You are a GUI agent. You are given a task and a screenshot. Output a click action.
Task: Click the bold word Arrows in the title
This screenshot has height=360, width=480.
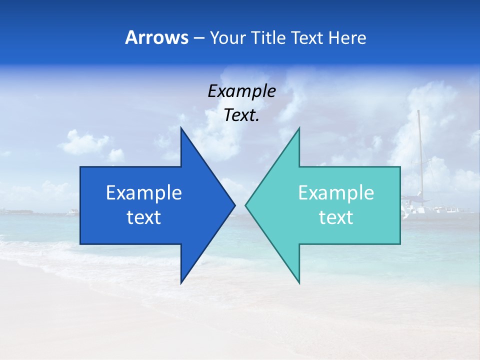click(156, 37)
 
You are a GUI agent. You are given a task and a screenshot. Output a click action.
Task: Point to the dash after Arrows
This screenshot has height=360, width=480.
click(198, 38)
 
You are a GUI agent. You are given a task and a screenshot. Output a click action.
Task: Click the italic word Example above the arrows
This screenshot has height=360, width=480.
click(242, 91)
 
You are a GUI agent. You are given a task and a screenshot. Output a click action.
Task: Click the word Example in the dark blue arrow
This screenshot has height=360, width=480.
click(144, 193)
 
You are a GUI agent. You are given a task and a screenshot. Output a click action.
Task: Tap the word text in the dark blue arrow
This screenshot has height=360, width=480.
click(144, 217)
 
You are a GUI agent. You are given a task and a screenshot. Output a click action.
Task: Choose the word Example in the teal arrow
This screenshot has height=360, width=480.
click(336, 193)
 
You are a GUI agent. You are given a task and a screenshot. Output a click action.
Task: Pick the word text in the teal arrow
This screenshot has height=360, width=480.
click(336, 217)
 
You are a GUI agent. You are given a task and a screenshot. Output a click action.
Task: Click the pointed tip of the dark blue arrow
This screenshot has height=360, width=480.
click(234, 205)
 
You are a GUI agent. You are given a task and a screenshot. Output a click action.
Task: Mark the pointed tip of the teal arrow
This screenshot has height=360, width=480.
click(245, 205)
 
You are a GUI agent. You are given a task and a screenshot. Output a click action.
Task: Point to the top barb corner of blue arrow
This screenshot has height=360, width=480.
click(181, 128)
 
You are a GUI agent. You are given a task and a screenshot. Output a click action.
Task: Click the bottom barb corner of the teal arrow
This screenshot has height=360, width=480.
click(299, 283)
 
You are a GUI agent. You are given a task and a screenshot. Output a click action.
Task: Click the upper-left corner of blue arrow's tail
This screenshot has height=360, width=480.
click(80, 167)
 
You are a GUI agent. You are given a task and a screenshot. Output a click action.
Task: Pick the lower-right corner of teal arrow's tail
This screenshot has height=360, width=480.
click(400, 243)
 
